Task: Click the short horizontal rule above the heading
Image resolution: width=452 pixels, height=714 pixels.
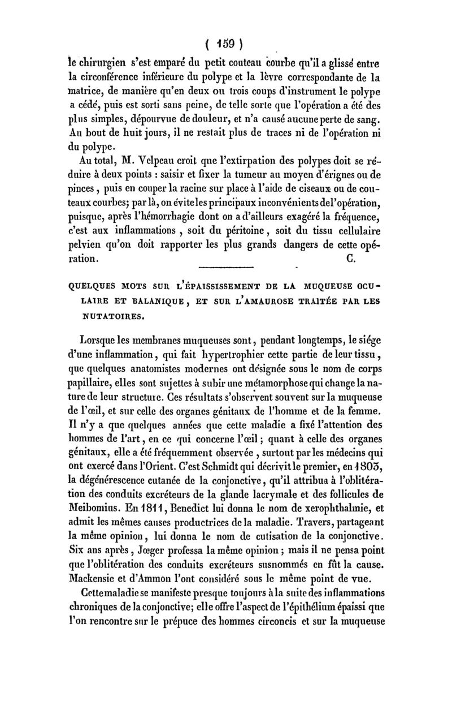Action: pos(228,251)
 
